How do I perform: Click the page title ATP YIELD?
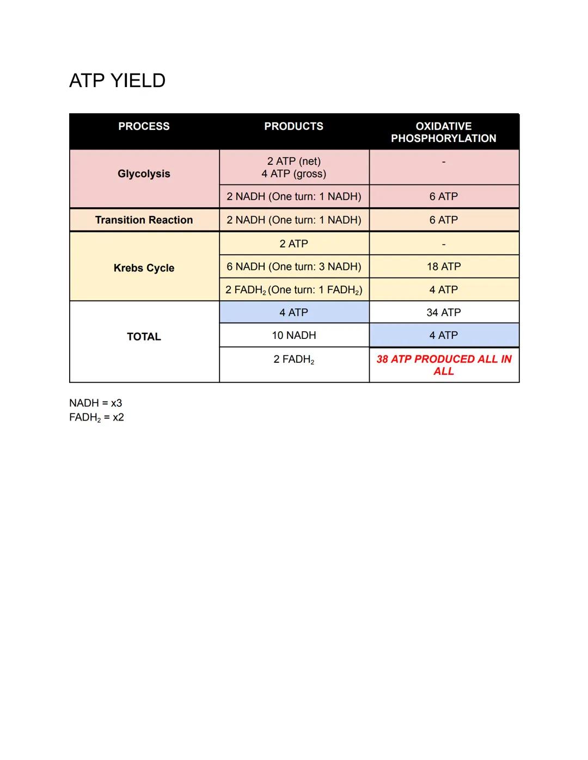117,81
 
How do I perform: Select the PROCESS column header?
144,126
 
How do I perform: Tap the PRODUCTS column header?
293,126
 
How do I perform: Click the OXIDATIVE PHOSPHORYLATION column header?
443,132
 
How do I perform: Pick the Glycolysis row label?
144,174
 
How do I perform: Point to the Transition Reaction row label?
144,220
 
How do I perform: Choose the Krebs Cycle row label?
144,268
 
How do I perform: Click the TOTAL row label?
144,337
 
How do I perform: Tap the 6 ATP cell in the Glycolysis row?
443,196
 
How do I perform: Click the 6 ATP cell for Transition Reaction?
443,220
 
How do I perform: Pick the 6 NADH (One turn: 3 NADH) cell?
293,267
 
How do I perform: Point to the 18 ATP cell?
443,267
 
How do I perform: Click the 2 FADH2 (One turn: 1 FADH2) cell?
293,290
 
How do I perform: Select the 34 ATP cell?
443,312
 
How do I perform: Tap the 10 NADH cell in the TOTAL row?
293,335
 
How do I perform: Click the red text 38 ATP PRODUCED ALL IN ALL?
443,365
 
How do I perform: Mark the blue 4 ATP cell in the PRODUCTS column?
293,312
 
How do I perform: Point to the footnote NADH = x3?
95,403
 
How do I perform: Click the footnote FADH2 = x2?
96,417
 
